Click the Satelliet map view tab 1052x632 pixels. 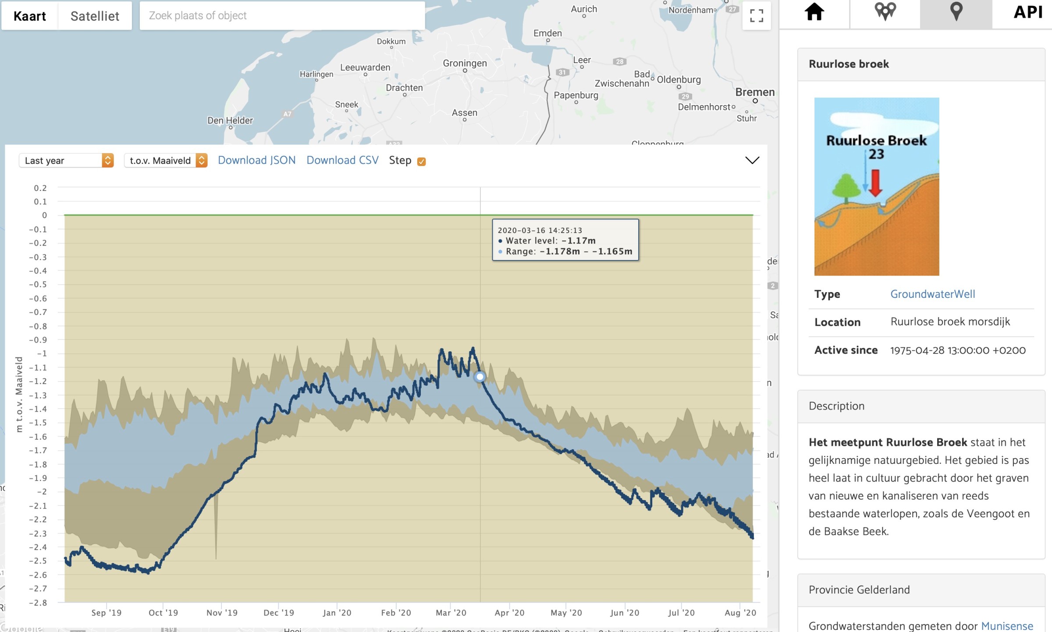point(95,16)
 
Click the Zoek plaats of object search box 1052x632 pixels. point(282,16)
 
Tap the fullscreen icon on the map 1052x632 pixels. point(756,16)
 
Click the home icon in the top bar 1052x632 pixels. point(814,12)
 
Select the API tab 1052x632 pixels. point(1027,12)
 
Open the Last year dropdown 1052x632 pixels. point(66,161)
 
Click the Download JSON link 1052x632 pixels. point(256,160)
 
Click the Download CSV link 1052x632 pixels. point(342,160)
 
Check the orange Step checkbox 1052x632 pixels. point(421,162)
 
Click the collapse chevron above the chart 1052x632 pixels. point(752,160)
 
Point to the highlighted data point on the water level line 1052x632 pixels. point(480,377)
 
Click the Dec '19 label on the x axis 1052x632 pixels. point(279,613)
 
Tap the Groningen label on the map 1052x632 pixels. point(465,64)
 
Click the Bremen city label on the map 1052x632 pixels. point(755,92)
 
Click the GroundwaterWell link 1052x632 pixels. point(932,294)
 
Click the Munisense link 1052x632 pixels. point(1007,626)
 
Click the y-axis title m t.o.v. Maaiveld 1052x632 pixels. point(19,394)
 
